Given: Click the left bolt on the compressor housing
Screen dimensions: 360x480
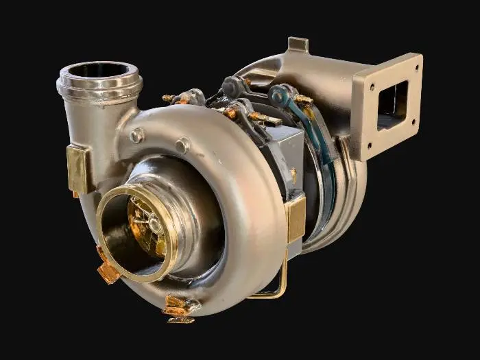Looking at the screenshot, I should tap(136, 135).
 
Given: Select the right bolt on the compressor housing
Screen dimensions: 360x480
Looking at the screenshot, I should tap(182, 145).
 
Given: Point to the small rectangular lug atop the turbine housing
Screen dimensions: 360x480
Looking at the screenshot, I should tap(298, 45).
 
